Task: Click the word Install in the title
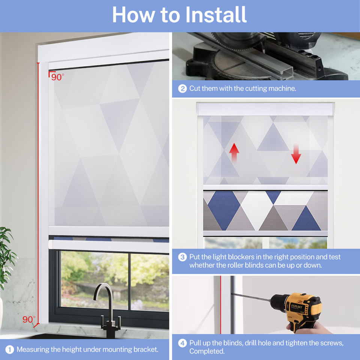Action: [x=216, y=15]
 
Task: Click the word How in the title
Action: [x=133, y=15]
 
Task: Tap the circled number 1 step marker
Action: [x=9, y=349]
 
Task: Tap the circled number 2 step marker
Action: [x=182, y=88]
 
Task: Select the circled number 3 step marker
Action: [x=182, y=257]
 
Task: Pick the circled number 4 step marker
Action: [x=182, y=343]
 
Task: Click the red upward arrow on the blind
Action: [x=234, y=153]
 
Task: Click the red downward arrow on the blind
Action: [x=296, y=154]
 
